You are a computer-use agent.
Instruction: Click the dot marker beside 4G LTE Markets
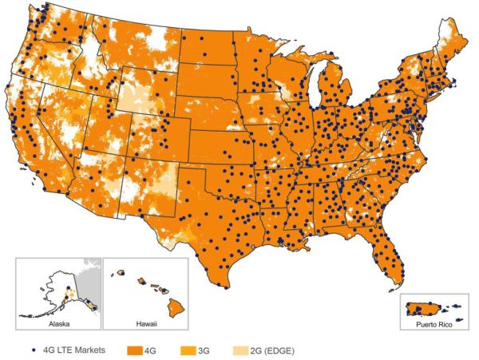[31, 350]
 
